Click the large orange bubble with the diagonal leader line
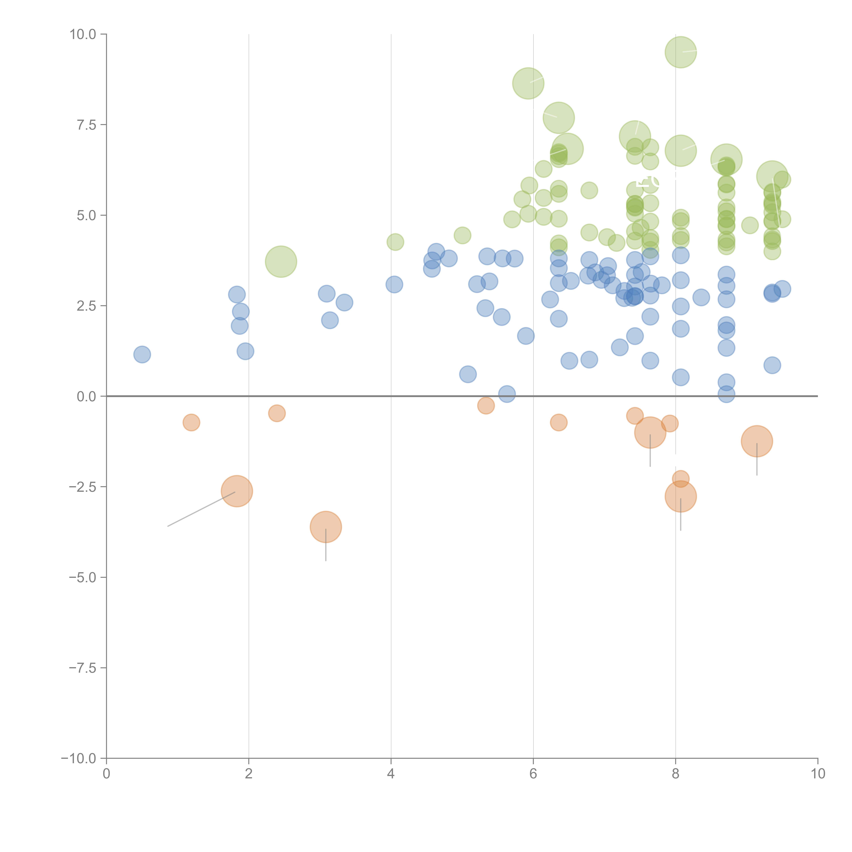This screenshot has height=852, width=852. [x=237, y=491]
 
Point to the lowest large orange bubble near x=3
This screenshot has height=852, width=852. [x=326, y=527]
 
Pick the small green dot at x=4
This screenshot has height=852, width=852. [x=395, y=242]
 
